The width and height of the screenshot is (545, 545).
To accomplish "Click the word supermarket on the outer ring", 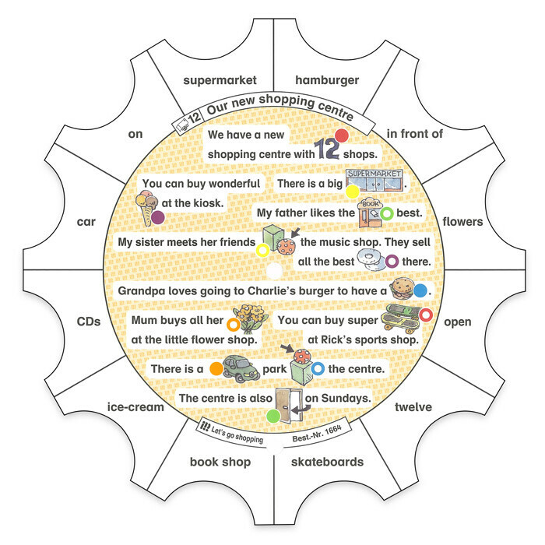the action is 220,81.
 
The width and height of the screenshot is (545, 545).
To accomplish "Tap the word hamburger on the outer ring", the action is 327,80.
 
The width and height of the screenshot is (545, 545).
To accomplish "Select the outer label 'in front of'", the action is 415,133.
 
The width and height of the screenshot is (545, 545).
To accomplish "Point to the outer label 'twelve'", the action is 413,406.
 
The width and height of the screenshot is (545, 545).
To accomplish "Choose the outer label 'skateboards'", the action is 328,462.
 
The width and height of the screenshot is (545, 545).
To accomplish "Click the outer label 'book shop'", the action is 220,462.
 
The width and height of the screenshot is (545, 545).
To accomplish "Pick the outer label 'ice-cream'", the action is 135,406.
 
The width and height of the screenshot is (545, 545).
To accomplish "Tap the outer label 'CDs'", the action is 89,322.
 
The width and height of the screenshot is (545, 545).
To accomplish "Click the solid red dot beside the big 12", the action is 341,135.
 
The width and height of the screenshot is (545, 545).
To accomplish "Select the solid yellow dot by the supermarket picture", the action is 352,192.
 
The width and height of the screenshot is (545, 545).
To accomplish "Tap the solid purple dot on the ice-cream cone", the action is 158,217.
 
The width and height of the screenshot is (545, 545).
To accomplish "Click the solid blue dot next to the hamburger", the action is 420,291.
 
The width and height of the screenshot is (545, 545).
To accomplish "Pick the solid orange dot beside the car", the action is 216,369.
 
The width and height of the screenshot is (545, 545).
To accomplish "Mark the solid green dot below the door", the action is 273,416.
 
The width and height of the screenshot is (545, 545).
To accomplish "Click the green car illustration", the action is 241,369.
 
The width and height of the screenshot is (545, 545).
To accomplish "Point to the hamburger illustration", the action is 401,288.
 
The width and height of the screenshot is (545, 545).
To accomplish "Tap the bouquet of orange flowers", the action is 251,318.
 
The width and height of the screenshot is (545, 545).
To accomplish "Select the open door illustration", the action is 290,406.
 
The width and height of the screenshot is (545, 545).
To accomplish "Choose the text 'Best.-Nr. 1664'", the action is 317,434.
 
